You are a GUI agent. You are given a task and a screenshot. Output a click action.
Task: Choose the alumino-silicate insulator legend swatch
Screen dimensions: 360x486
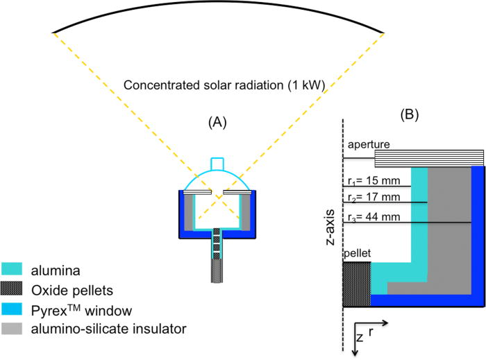coord(15,325)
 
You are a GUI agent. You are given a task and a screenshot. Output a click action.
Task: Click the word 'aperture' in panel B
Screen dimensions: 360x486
coord(369,144)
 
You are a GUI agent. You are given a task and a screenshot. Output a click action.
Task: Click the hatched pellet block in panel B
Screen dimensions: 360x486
coord(357,284)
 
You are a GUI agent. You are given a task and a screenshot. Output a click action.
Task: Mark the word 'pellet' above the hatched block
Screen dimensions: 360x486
coord(357,255)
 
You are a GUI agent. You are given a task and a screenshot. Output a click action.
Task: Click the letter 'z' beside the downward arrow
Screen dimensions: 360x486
coord(360,338)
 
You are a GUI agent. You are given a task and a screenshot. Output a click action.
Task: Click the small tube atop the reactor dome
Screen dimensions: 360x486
coord(219,163)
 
